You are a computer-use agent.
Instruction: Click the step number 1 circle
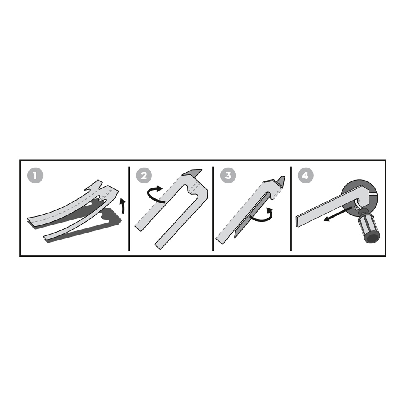pyautogui.click(x=35, y=175)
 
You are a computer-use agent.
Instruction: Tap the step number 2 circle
pyautogui.click(x=144, y=175)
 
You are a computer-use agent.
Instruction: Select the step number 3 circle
pyautogui.click(x=228, y=175)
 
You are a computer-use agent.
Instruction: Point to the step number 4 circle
pyautogui.click(x=305, y=175)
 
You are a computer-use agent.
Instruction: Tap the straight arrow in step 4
pyautogui.click(x=337, y=215)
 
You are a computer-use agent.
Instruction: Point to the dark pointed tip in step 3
pyautogui.click(x=281, y=181)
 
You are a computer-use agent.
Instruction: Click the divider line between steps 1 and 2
pyautogui.click(x=129, y=208)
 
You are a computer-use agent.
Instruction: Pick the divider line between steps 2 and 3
pyautogui.click(x=213, y=208)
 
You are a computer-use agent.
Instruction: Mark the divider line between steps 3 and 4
pyautogui.click(x=290, y=208)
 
